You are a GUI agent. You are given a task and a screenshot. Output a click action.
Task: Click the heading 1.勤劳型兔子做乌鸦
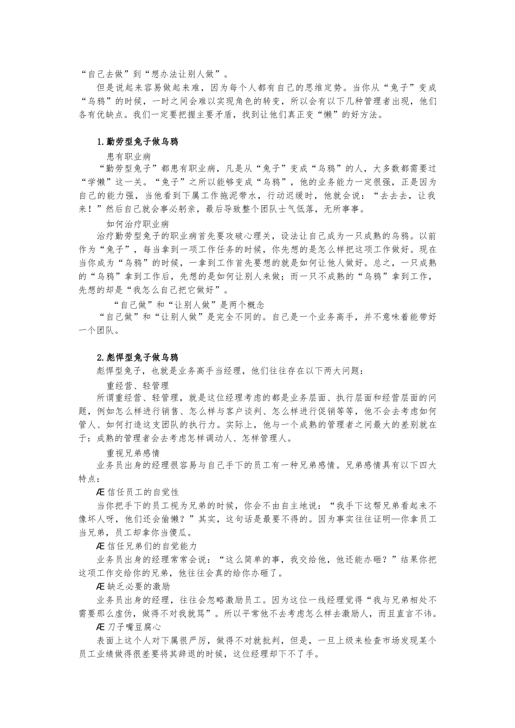[137, 142]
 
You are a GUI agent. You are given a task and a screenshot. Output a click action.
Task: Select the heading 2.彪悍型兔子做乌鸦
[137, 357]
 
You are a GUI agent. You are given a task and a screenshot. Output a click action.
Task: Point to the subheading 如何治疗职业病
[138, 223]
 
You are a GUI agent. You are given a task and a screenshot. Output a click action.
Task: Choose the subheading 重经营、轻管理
[138, 385]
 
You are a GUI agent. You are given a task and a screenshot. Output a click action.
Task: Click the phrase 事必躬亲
[184, 209]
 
